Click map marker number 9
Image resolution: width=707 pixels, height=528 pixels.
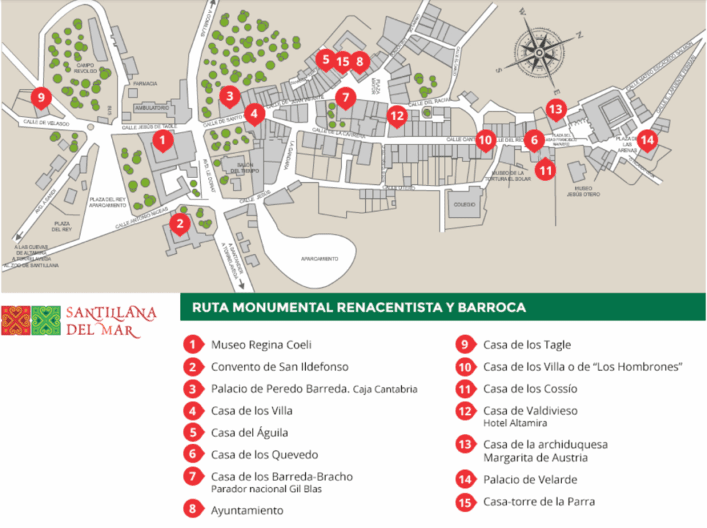[41, 98]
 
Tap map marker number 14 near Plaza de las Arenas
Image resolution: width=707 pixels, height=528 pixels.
[647, 139]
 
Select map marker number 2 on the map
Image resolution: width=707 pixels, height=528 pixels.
[180, 223]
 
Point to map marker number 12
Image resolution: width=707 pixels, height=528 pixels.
[396, 116]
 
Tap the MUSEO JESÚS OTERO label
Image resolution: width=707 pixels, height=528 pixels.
[583, 191]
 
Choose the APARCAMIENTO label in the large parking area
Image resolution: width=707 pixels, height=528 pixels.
[319, 258]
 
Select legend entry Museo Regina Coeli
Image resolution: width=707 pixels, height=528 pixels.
[256, 344]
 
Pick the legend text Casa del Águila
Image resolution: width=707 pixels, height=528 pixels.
[249, 433]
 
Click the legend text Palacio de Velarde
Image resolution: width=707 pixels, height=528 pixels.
[530, 479]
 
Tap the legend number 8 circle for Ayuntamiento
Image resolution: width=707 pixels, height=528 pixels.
[194, 510]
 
